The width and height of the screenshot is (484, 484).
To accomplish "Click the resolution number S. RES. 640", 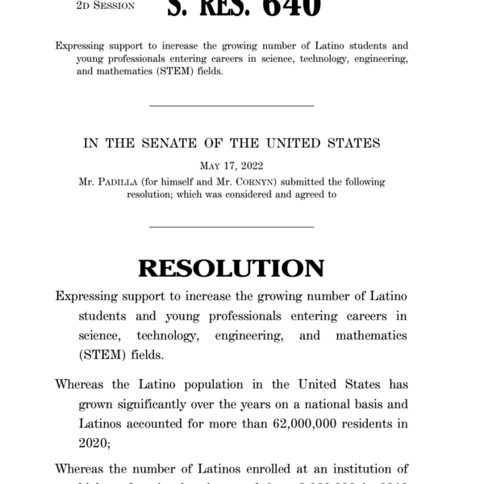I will (x=243, y=8).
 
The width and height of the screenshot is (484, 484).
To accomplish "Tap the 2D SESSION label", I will (x=99, y=4).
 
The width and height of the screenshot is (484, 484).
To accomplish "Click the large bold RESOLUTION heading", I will (x=232, y=269).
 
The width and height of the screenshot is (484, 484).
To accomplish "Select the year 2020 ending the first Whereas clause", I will (x=94, y=442).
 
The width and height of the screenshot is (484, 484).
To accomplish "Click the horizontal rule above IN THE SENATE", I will (x=232, y=106).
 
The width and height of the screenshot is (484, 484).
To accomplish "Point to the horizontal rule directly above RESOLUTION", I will (x=232, y=227).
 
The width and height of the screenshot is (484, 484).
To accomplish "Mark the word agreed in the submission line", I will (x=310, y=194).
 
